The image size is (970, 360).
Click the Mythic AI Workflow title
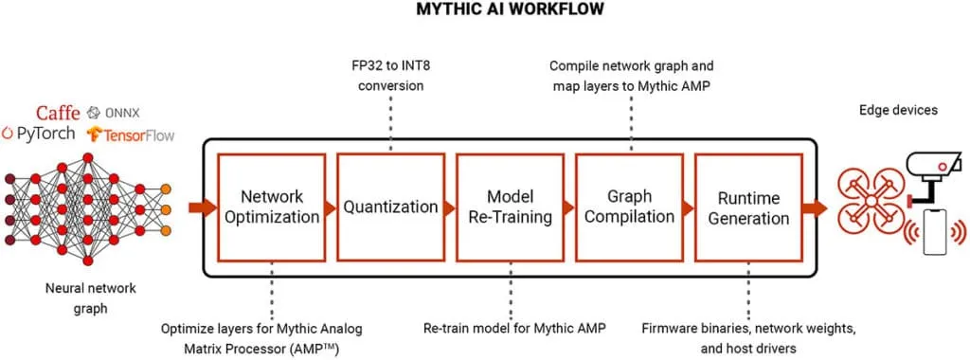click(484, 10)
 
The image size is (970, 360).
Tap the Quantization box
click(389, 207)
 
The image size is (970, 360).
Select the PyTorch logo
click(40, 134)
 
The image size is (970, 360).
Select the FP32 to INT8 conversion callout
click(389, 75)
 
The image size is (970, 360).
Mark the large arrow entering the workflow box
click(202, 207)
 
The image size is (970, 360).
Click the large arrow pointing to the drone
click(814, 207)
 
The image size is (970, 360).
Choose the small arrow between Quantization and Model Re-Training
click(449, 207)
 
